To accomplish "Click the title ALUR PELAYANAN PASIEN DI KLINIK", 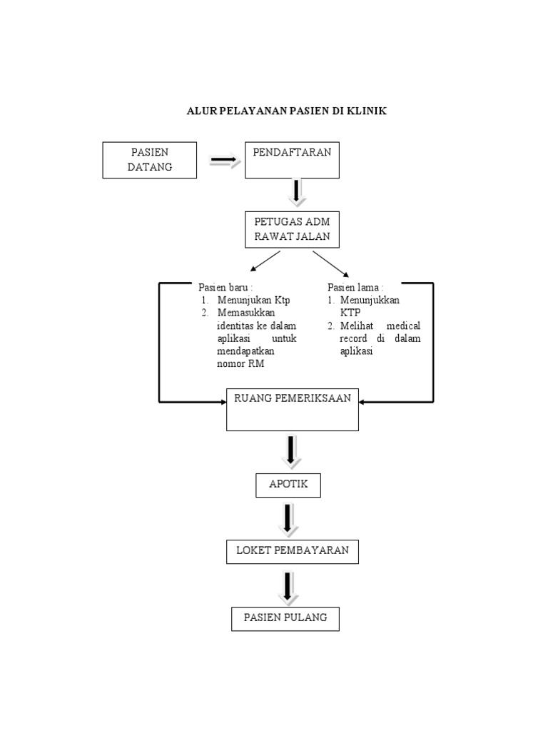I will tap(286, 111).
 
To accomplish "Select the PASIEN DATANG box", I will tap(150, 160).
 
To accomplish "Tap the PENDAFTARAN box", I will tap(292, 160).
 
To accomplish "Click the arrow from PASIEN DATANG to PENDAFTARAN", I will tap(225, 161).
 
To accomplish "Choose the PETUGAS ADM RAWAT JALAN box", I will tap(292, 229).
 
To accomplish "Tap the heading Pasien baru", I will tap(225, 287).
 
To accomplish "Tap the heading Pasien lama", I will tap(355, 287).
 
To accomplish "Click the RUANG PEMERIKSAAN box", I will tap(292, 409).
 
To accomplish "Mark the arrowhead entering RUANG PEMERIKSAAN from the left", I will tap(222, 403).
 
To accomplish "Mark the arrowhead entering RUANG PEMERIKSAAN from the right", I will tap(363, 403).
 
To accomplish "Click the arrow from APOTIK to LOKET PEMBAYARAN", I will tap(287, 519).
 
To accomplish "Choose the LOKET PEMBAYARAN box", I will tap(292, 551).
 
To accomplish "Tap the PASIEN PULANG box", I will tap(285, 618).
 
